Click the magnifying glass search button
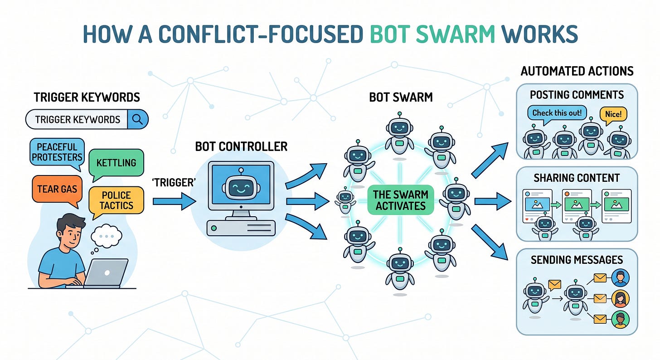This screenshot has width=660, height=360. pos(138,119)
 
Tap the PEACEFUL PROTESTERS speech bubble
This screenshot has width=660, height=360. pos(57,152)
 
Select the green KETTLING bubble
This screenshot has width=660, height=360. pos(116,163)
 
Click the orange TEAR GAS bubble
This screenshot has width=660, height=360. pos(57,189)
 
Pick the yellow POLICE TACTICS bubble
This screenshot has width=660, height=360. pos(116,200)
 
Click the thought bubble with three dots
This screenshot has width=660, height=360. pos(106,236)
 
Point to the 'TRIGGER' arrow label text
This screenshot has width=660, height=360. pos(174,183)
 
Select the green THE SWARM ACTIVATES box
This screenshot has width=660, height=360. pos(401,200)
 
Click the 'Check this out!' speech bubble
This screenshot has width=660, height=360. pos(557,113)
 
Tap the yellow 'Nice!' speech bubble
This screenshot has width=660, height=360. pos(613,114)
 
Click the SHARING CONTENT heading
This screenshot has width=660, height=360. pos(577,178)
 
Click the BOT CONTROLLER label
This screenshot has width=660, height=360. pos(241,146)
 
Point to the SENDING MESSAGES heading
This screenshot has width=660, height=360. pos(577,260)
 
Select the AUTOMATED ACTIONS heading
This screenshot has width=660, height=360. pos(577,71)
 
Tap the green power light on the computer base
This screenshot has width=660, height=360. pos(214,229)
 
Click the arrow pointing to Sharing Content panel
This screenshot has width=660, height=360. pos(493,201)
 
